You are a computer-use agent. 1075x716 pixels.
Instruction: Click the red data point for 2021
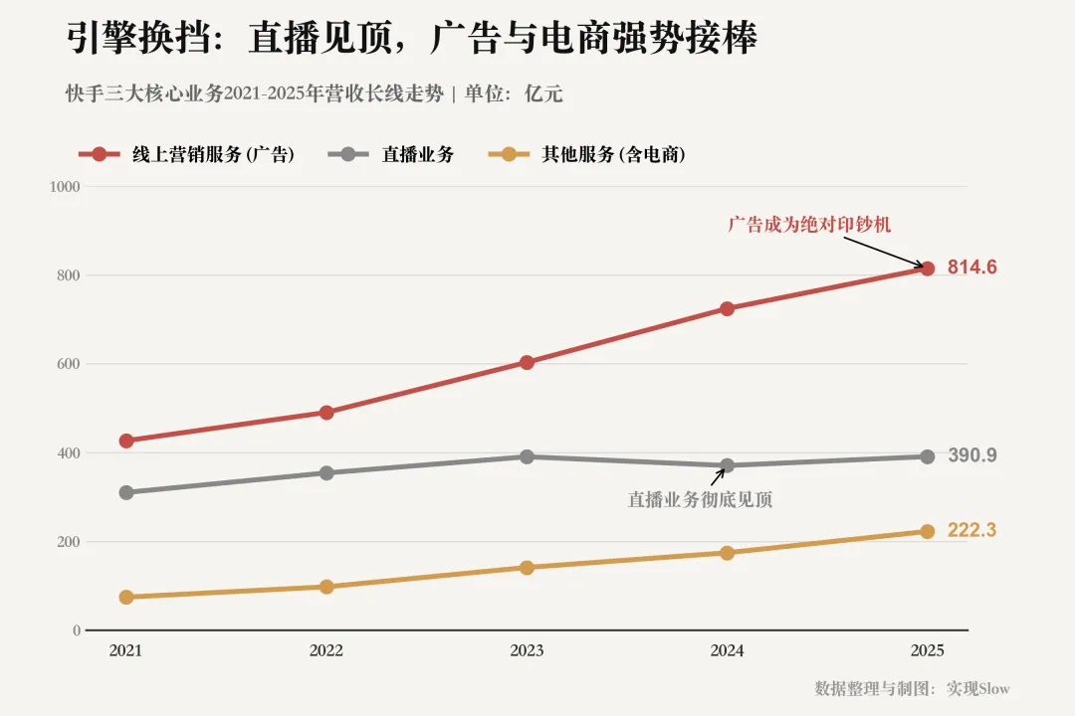(x=126, y=441)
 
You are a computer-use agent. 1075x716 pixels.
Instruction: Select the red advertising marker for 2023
(x=527, y=362)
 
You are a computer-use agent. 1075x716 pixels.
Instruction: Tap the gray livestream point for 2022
(x=326, y=472)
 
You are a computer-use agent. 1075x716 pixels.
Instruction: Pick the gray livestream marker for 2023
(x=527, y=456)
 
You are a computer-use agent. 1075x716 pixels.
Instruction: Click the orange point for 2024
(x=727, y=553)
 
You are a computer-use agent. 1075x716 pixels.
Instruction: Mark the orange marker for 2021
(x=126, y=598)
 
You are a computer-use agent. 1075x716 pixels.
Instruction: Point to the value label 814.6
(x=972, y=268)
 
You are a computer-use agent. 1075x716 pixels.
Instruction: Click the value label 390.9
(x=972, y=454)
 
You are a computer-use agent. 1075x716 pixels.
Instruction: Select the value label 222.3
(x=972, y=530)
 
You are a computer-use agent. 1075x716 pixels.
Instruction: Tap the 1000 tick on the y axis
(x=65, y=186)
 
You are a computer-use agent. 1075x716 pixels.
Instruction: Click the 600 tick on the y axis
(x=69, y=364)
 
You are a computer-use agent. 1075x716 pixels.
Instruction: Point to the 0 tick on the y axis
(x=77, y=630)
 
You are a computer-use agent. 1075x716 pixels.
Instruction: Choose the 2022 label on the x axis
(x=326, y=650)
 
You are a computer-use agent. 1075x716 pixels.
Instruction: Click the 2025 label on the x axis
(x=927, y=650)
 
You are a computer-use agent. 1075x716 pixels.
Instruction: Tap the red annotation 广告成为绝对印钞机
(x=809, y=224)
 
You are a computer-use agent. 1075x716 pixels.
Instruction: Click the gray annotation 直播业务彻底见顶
(x=700, y=499)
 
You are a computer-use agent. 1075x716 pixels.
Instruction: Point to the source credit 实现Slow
(x=978, y=688)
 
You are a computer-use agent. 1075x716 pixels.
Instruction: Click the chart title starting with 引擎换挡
(x=412, y=37)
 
